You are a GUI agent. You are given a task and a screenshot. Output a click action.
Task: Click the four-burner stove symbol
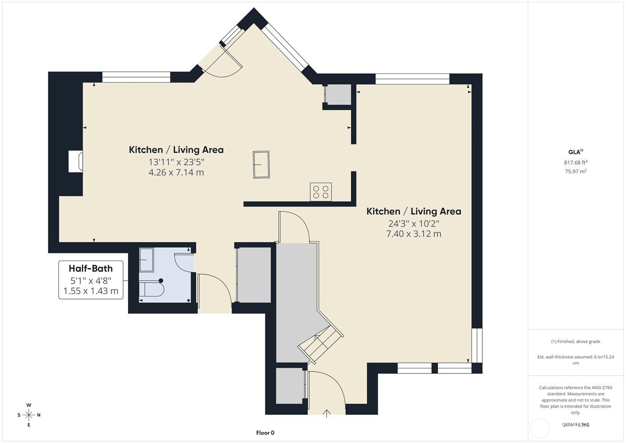pos(321,192)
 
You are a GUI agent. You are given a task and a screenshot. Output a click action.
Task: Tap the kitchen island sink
pos(261,164)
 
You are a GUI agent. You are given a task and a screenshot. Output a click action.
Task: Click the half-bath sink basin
pos(146,260)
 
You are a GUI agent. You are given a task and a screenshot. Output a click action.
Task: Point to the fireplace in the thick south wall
pos(76,161)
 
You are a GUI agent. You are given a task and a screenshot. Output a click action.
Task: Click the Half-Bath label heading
pos(91,268)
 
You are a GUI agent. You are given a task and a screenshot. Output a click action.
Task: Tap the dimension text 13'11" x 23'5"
pos(176,162)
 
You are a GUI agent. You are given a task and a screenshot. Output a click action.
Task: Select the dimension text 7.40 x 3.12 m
pos(414,234)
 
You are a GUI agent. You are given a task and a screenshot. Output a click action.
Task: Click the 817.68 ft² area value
pos(576,162)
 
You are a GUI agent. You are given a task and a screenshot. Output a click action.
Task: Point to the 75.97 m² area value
pos(576,171)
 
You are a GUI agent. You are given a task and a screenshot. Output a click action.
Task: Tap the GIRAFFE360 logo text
pos(576,424)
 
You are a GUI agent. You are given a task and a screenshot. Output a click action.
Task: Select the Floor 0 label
pos(265,433)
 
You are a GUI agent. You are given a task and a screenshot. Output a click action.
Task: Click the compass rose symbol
pos(29,415)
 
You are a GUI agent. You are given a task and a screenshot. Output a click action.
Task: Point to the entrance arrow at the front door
pos(326,414)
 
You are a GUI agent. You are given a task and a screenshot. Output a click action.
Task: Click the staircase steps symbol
pos(321,345)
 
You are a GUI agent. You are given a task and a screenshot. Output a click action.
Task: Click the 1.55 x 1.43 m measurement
pos(91,291)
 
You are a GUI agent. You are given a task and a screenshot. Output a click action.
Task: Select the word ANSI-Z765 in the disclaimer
pos(602,387)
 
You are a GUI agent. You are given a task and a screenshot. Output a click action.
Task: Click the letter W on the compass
pos(29,405)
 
